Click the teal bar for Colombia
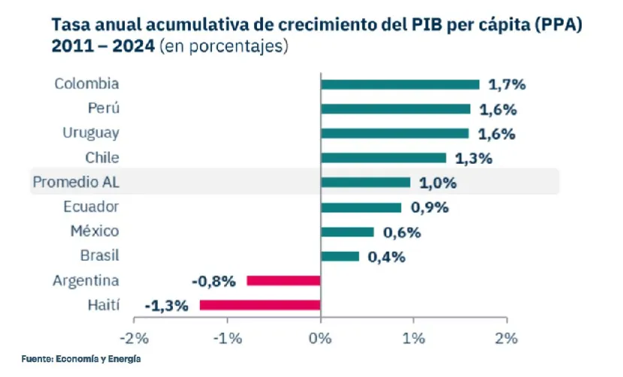point(400,84)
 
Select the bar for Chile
point(383,158)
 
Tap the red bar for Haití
point(260,305)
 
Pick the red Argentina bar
point(283,281)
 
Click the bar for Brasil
point(340,256)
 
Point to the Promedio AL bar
point(365,182)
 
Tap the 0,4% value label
point(386,257)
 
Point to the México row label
point(95,231)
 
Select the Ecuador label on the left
point(91,207)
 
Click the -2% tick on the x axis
point(135,339)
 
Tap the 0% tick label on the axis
point(321,339)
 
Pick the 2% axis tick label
point(507,339)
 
